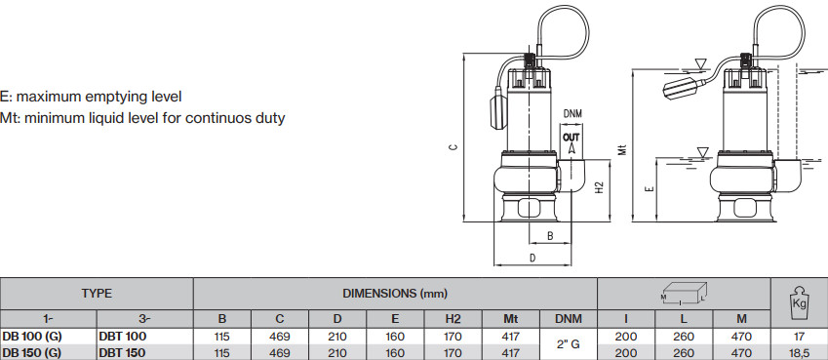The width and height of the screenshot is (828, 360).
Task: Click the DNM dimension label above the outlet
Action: coord(572,114)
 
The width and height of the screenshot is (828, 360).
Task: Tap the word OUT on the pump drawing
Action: coord(571,138)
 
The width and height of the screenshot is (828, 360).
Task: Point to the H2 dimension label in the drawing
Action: coord(598,187)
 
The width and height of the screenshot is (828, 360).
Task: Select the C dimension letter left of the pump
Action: coord(453,147)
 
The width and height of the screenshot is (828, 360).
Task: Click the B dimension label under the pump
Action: coord(550,236)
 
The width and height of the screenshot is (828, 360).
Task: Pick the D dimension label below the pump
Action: coord(532,258)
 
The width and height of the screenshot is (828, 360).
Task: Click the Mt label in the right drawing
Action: coord(623,149)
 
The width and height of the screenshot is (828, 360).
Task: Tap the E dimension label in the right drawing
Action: coord(651,188)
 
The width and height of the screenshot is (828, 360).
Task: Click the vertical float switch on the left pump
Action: coord(130,112)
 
